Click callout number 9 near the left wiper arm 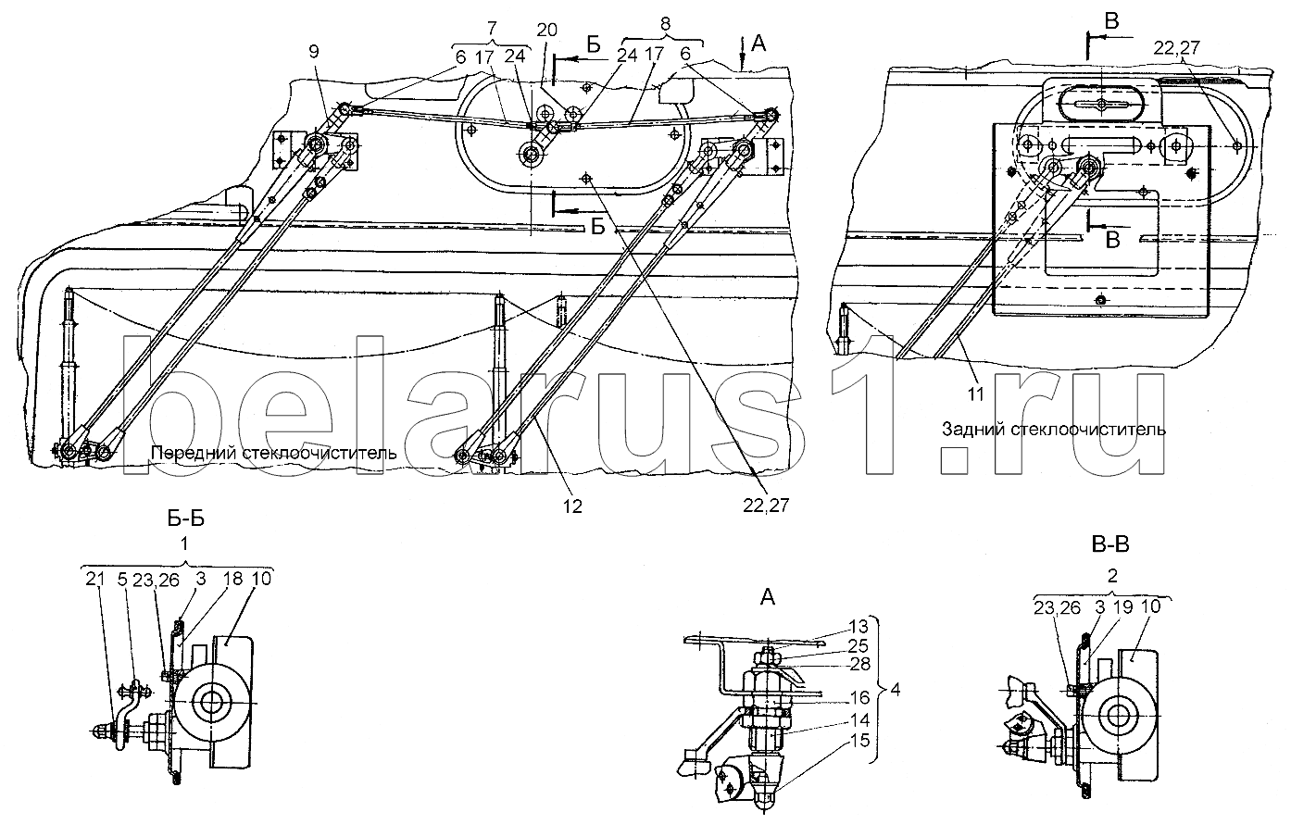[x=314, y=52]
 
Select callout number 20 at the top [x=546, y=30]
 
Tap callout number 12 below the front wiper [x=572, y=506]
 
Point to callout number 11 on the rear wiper [x=975, y=394]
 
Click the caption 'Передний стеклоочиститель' [x=274, y=453]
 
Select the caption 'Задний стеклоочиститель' [x=1054, y=430]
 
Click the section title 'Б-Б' [x=185, y=518]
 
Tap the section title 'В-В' [x=1110, y=544]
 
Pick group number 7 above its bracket [x=492, y=28]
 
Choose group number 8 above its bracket [x=665, y=24]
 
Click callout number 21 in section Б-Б [x=94, y=579]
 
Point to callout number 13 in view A [x=859, y=626]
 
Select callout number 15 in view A [x=860, y=740]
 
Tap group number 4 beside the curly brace [x=895, y=690]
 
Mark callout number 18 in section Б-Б [x=232, y=579]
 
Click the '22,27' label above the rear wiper [x=1176, y=48]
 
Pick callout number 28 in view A [x=859, y=664]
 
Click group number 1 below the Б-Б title [x=184, y=543]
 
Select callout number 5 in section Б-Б [x=122, y=579]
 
